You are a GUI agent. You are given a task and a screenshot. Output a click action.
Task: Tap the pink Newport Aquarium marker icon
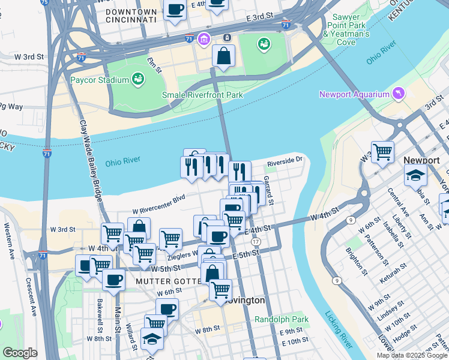(397, 94)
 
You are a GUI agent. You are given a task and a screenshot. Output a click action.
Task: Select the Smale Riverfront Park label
(202, 95)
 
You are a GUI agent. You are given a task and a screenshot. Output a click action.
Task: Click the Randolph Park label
(282, 320)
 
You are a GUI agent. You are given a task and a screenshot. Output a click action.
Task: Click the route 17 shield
(256, 241)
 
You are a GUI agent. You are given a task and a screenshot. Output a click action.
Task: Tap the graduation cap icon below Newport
(415, 175)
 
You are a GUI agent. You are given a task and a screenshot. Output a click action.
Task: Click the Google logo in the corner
(19, 353)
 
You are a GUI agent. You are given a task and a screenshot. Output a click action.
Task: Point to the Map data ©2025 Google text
(411, 355)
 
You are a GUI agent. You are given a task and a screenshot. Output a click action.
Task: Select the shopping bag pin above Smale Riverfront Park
(223, 56)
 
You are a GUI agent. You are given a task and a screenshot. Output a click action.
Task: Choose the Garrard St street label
(268, 186)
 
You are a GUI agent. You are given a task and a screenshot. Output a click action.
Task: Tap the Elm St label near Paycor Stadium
(155, 65)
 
